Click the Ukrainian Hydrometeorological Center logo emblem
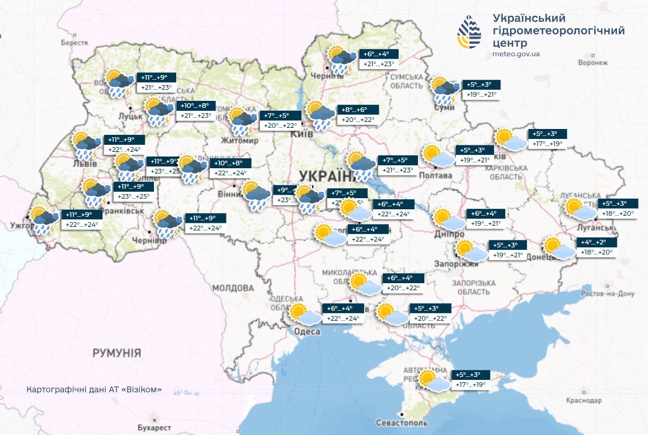[469, 33]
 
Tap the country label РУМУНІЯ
[116, 353]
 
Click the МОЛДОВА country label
[232, 288]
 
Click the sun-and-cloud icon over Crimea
[434, 380]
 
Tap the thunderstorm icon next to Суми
[445, 90]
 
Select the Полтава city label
[436, 175]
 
